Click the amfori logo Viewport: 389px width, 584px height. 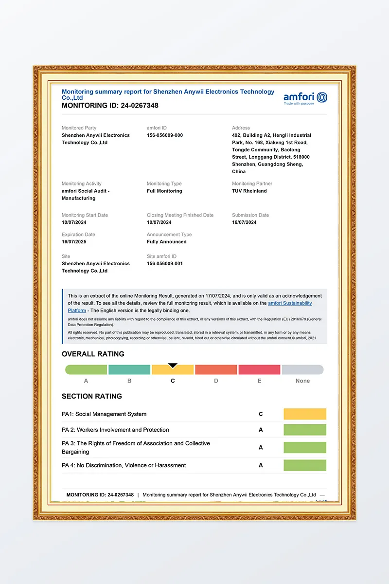click(305, 98)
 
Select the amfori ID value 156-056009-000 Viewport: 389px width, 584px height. click(165, 135)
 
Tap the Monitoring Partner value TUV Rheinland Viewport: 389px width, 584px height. click(249, 191)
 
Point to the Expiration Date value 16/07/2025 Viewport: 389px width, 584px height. click(74, 242)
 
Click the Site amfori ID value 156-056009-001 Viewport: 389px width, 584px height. click(165, 264)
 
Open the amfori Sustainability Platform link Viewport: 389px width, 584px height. click(290, 303)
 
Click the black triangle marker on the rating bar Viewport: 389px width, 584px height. click(173, 365)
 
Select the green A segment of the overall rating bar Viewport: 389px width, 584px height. click(86, 370)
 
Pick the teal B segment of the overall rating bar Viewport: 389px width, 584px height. click(129, 370)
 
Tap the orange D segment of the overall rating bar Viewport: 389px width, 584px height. click(216, 370)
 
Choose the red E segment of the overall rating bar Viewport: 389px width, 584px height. click(259, 370)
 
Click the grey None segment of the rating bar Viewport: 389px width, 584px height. click(302, 370)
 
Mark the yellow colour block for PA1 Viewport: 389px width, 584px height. click(305, 414)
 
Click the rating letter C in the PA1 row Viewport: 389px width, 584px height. click(261, 414)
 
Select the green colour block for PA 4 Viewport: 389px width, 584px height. click(305, 465)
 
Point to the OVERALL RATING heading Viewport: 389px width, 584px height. click(93, 354)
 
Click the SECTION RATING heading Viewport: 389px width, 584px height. click(92, 396)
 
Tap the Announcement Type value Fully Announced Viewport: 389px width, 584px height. click(166, 242)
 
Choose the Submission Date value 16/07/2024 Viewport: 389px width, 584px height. click(244, 222)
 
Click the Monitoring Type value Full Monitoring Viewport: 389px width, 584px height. click(164, 191)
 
